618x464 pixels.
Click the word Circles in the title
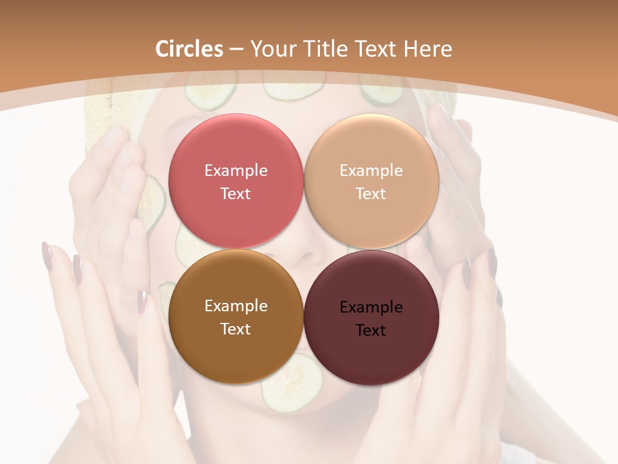[x=189, y=49]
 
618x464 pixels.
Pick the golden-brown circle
[x=236, y=351]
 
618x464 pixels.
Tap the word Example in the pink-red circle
[x=236, y=171]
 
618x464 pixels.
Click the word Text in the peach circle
[x=371, y=194]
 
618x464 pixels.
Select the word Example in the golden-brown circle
[x=236, y=306]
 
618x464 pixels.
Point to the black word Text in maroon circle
[x=371, y=331]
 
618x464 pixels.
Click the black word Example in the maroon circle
[x=371, y=307]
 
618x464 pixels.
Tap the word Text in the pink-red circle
[x=236, y=194]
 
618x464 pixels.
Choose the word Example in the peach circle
[x=371, y=171]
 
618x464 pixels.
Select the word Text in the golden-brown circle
[x=236, y=329]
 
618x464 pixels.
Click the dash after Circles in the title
[x=236, y=50]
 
